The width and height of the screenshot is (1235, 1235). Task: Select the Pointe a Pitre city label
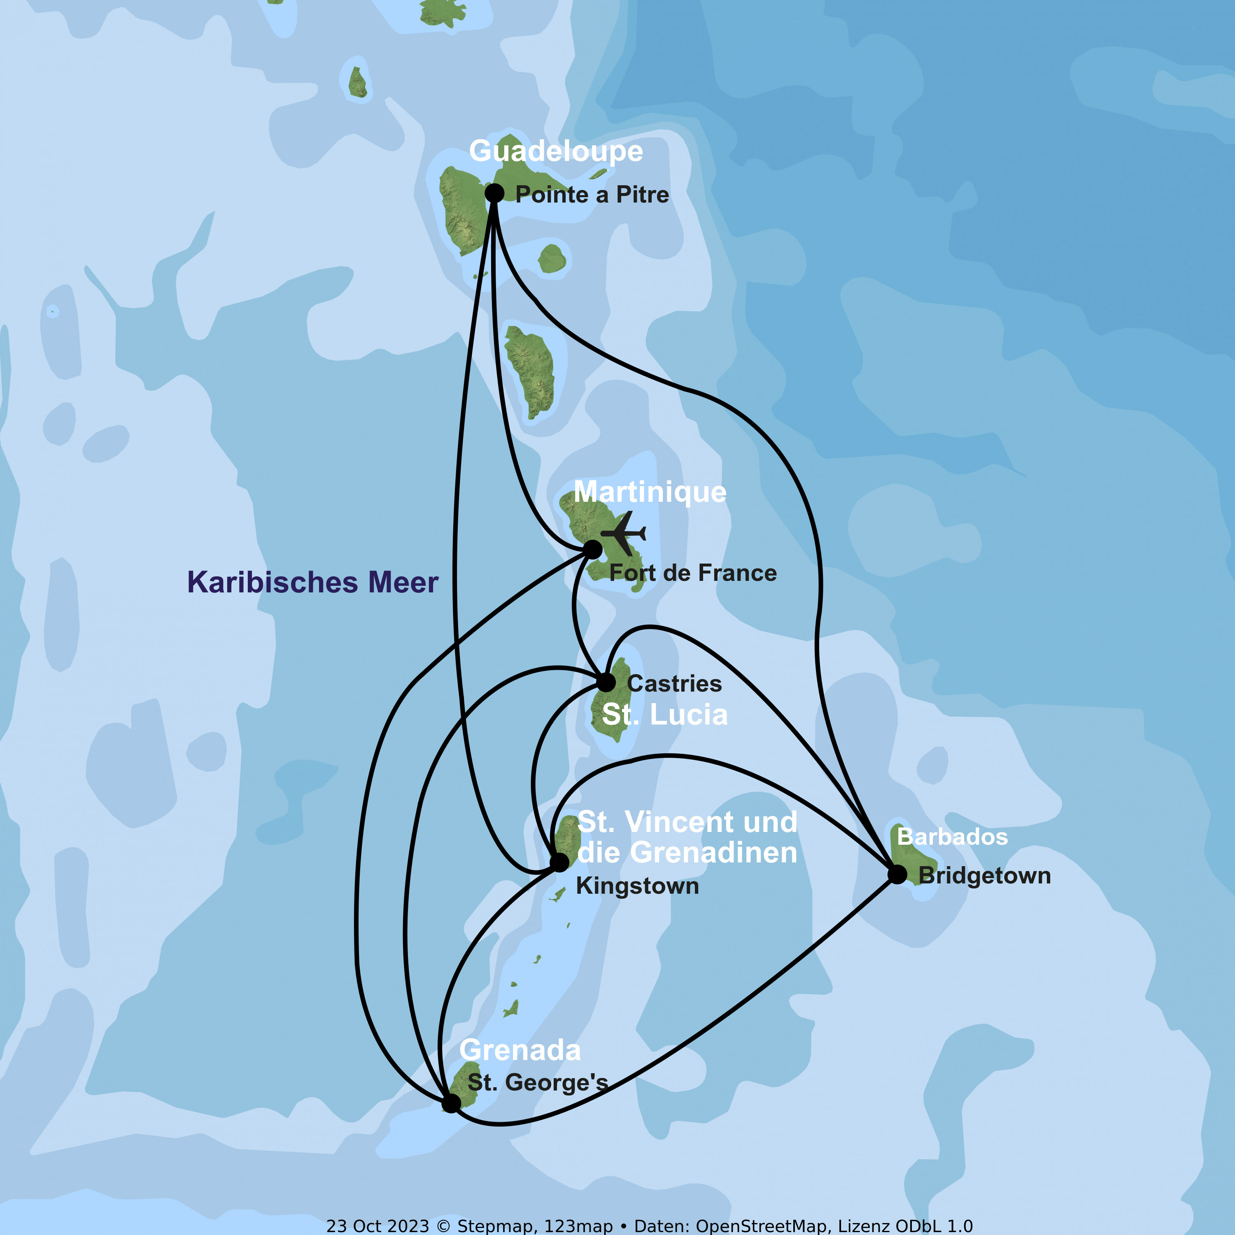tap(592, 194)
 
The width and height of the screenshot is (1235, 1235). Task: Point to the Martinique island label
tap(650, 492)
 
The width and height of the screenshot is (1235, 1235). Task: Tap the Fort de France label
tap(693, 573)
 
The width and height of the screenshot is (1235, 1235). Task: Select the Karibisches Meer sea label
tap(312, 583)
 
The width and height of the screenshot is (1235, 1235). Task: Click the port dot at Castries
tap(606, 682)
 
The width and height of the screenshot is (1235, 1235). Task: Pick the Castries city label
tap(674, 683)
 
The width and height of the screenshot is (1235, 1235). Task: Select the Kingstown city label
tap(637, 886)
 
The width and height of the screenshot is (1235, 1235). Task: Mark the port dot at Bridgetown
tap(897, 874)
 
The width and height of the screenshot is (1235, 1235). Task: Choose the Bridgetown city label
tap(984, 875)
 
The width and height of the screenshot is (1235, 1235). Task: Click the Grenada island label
tap(520, 1050)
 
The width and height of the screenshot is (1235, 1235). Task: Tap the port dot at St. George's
tap(451, 1103)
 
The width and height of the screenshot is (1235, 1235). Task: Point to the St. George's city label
tap(538, 1082)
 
